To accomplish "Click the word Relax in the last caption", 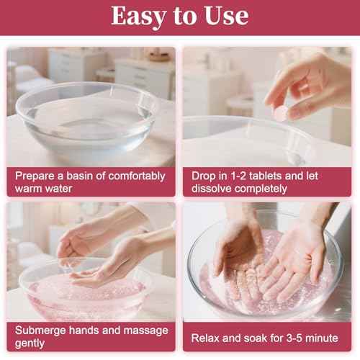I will coord(207,337).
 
